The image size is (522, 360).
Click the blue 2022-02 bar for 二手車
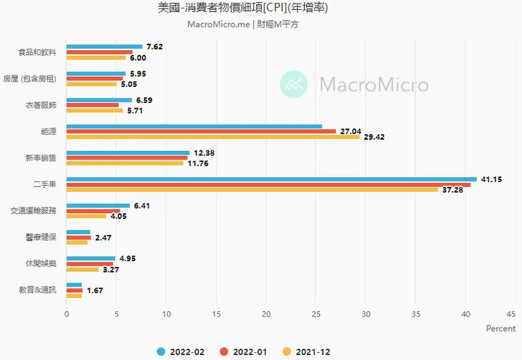click(x=271, y=179)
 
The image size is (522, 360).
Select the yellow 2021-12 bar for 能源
click(x=212, y=136)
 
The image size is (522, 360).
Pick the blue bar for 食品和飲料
click(x=104, y=47)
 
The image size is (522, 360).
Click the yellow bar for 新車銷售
click(x=124, y=163)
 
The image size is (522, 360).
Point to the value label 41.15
click(x=491, y=179)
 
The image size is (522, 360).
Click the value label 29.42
click(x=373, y=137)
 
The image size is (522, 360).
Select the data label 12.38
click(x=205, y=153)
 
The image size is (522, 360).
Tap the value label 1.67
click(x=96, y=290)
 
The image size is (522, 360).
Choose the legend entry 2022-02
click(x=182, y=351)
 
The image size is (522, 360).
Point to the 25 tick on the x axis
click(x=316, y=314)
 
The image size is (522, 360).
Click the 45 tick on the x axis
click(x=516, y=314)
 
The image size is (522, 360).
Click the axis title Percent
click(x=501, y=329)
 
